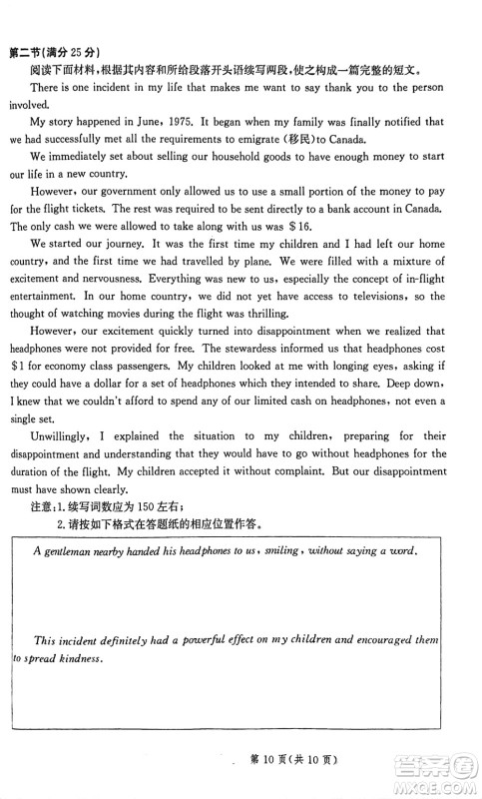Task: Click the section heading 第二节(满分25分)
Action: [58, 53]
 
